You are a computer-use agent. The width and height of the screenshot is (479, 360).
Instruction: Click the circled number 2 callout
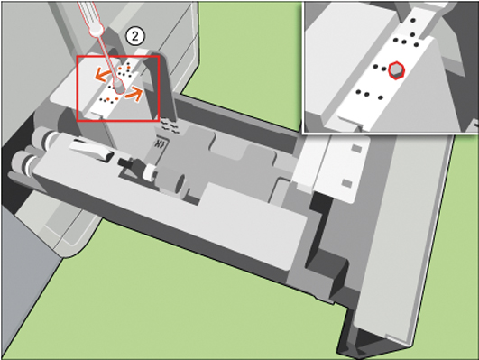pyautogui.click(x=135, y=37)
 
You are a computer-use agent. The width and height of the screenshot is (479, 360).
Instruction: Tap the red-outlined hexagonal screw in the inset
pyautogui.click(x=397, y=70)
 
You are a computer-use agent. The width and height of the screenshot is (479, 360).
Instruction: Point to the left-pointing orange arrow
pyautogui.click(x=103, y=75)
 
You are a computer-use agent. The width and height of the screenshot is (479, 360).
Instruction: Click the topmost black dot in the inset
pyautogui.click(x=413, y=21)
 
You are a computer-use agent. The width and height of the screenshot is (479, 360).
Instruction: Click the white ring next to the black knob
pyautogui.click(x=150, y=173)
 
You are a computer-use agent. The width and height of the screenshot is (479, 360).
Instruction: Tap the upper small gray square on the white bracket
pyautogui.click(x=356, y=149)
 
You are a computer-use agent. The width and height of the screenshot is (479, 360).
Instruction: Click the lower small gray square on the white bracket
pyautogui.click(x=346, y=183)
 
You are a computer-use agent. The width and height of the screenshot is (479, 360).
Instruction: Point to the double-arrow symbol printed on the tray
pyautogui.click(x=160, y=143)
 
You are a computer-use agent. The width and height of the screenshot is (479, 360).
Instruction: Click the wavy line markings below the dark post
pyautogui.click(x=169, y=125)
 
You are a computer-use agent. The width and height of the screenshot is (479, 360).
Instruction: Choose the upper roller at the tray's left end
pyautogui.click(x=42, y=136)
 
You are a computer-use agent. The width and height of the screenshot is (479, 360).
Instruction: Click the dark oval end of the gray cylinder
pyautogui.click(x=181, y=184)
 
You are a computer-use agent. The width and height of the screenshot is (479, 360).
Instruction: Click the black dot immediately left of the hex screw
pyautogui.click(x=384, y=69)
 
